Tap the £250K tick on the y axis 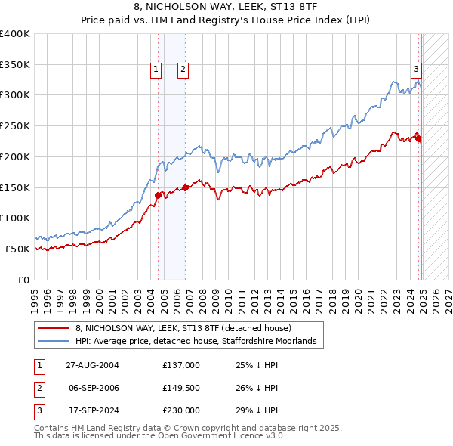point(15,125)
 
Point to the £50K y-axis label point(17,249)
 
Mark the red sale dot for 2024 point(418,138)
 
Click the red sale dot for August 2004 point(159,195)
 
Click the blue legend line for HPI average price point(53,342)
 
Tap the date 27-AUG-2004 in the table point(93,365)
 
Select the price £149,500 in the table point(181,388)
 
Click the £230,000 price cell point(181,410)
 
